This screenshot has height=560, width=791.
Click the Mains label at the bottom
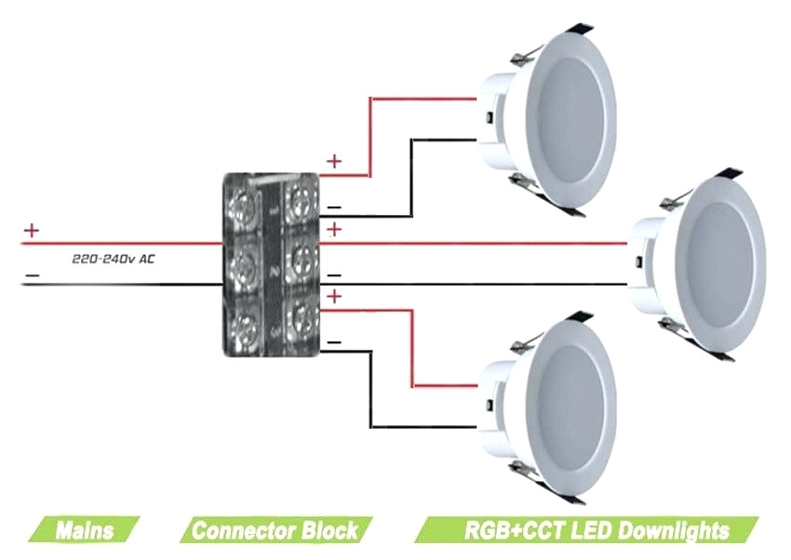click(85, 530)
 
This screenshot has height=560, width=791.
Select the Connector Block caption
click(275, 530)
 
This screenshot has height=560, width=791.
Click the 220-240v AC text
click(114, 260)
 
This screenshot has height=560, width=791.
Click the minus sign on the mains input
click(32, 275)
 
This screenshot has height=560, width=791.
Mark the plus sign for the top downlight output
click(334, 162)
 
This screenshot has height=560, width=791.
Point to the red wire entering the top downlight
click(428, 98)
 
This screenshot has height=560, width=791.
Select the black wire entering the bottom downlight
click(428, 428)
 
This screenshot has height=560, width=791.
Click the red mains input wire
click(121, 245)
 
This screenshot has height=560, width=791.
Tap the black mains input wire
click(121, 284)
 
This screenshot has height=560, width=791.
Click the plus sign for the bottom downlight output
click(334, 298)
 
